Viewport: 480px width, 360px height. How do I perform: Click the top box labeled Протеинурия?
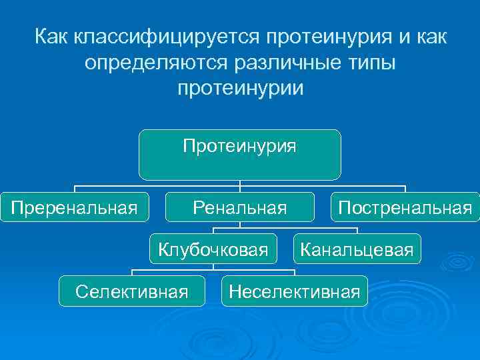(x=239, y=155)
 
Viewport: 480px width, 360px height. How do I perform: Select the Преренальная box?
(x=73, y=208)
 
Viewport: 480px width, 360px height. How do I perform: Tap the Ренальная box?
(x=239, y=208)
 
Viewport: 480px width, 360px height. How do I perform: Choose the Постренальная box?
(x=405, y=208)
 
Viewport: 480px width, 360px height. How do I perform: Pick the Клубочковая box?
(x=213, y=249)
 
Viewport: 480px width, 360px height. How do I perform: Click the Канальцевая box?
(x=357, y=249)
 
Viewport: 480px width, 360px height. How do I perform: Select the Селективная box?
(x=131, y=291)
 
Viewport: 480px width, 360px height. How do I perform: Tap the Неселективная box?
(x=294, y=291)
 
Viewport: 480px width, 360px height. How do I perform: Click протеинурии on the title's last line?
(x=240, y=88)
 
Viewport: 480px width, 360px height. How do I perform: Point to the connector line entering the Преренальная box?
(x=74, y=189)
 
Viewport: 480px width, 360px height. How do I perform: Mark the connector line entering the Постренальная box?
(x=405, y=189)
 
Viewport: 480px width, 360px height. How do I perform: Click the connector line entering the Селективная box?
(x=131, y=272)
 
